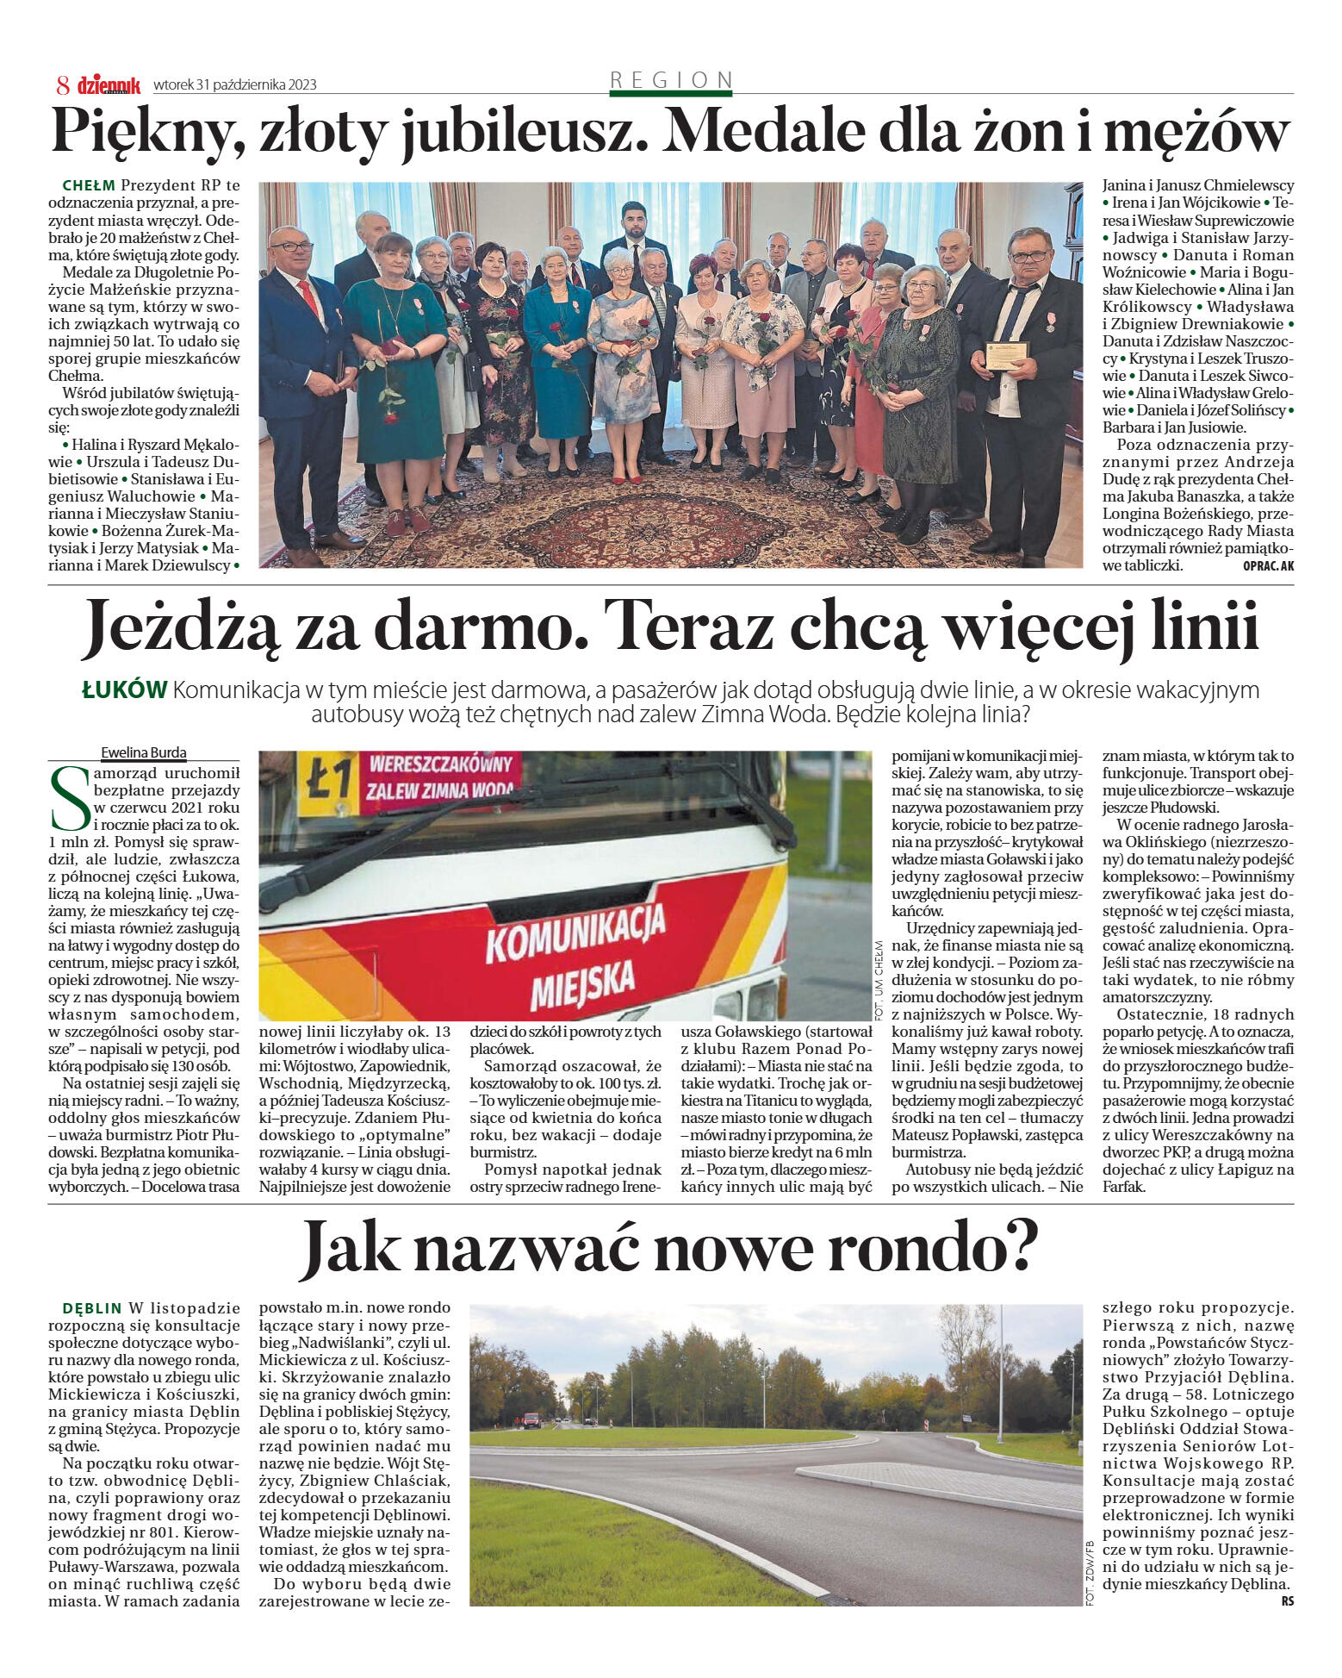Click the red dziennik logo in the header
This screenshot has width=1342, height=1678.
(109, 85)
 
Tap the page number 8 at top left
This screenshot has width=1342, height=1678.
(63, 85)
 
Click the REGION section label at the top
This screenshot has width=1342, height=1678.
(671, 80)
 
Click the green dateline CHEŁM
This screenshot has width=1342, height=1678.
(89, 186)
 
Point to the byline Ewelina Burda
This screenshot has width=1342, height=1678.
(144, 752)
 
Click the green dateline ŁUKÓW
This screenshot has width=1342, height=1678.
(124, 690)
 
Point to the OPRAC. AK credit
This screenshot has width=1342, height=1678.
(1268, 566)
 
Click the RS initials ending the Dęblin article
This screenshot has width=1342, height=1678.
(1287, 1601)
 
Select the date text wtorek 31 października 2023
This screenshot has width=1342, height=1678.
(235, 85)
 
